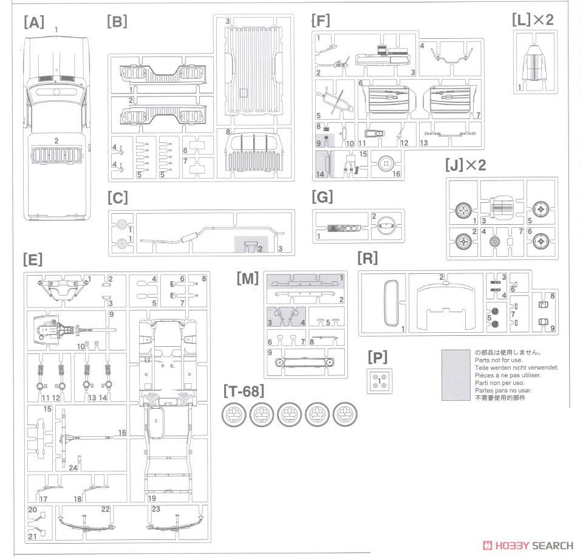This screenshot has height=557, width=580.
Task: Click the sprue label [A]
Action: coord(34,22)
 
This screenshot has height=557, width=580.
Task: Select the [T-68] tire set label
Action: coord(244,391)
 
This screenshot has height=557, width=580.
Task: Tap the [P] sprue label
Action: coord(378,357)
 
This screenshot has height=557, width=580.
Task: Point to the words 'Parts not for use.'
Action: coord(499,360)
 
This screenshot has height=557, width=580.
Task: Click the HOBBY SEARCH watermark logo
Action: coord(528,545)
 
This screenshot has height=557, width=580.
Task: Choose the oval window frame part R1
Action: coord(391,304)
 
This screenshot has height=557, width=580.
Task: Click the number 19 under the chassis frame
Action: coord(152,498)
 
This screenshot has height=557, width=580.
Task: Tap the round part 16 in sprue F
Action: coord(385,163)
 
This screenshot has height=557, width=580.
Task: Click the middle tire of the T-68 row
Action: coord(290,414)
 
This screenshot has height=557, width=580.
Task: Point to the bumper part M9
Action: coord(305,362)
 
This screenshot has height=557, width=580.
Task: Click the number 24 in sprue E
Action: coord(73,468)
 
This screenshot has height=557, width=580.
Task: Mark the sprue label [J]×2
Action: coord(465,165)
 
